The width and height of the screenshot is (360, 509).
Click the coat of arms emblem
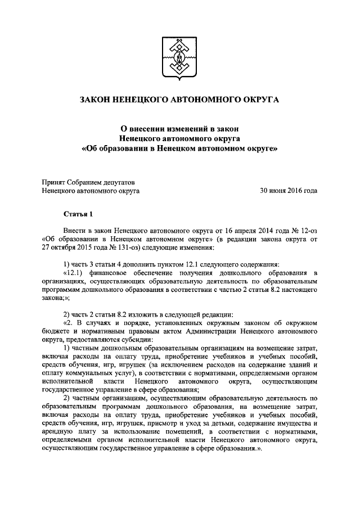click(x=180, y=58)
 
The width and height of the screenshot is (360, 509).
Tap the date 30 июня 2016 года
click(x=288, y=191)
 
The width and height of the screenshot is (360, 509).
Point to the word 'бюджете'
click(x=56, y=331)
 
